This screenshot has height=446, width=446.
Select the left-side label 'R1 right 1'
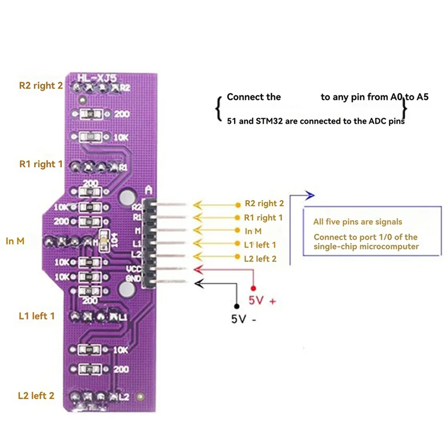(37, 164)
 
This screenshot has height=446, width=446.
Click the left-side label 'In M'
(15, 241)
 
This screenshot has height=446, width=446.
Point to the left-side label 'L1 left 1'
(36, 316)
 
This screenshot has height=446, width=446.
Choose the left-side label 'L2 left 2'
(36, 395)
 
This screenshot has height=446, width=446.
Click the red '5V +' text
(261, 301)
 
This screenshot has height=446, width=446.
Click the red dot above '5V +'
(254, 288)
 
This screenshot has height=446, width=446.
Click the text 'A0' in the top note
(396, 97)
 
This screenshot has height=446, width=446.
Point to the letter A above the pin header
(148, 190)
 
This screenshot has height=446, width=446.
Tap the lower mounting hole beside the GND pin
(127, 289)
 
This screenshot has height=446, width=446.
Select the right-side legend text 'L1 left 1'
(260, 244)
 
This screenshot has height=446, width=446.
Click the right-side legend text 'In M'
(253, 231)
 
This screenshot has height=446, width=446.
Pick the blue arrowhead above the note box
(311, 195)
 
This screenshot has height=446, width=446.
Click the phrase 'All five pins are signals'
(357, 222)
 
